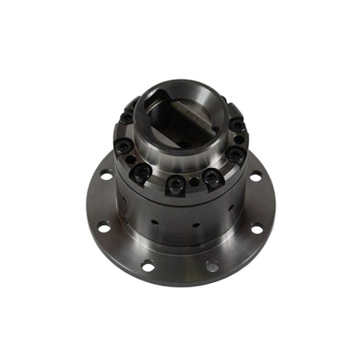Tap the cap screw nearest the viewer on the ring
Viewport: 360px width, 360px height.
176,183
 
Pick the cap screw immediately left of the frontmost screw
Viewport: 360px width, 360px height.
141,173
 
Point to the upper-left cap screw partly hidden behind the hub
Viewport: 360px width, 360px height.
128,119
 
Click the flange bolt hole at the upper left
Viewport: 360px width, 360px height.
106,176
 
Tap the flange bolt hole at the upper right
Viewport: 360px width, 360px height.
256,177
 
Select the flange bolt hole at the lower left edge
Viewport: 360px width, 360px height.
104,228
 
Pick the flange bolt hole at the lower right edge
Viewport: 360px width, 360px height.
257,228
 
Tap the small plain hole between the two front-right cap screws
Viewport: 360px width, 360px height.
195,182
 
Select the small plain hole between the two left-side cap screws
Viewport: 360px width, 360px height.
130,160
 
